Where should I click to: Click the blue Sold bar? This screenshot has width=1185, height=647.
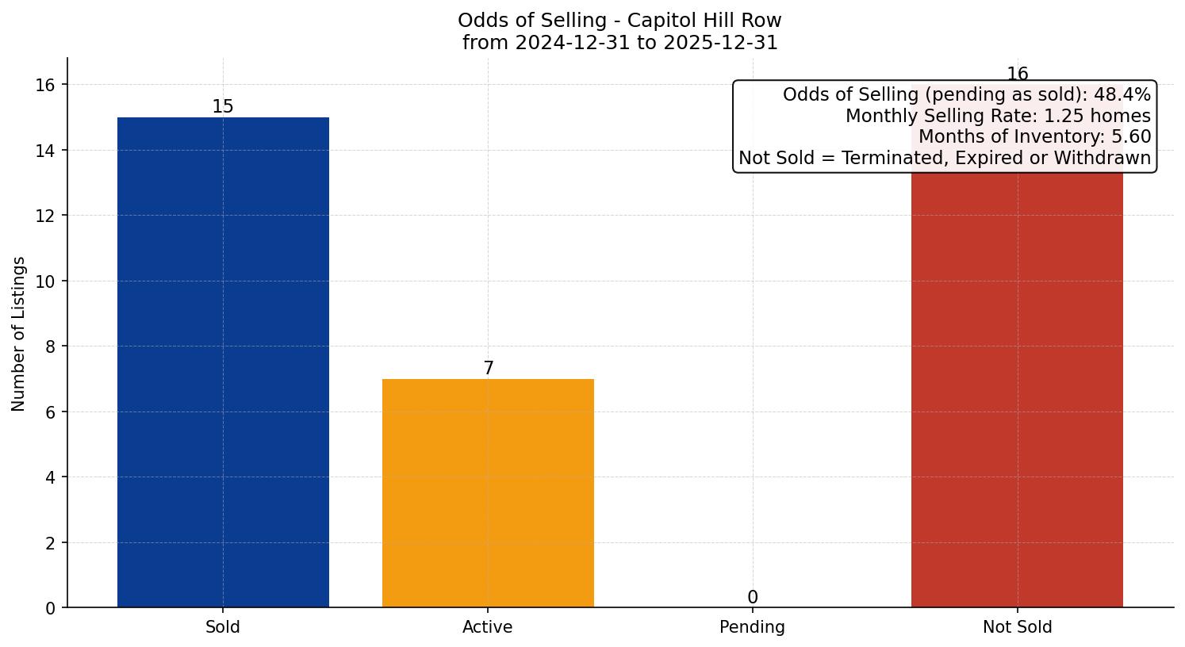(x=223, y=362)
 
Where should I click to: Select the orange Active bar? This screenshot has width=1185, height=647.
(x=488, y=493)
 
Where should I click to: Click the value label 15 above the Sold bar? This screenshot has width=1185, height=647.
(x=223, y=106)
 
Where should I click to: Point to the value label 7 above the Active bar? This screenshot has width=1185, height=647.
(x=488, y=368)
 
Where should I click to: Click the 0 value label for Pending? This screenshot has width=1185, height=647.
(x=752, y=597)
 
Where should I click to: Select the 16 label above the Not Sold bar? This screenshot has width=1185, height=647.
(x=1017, y=75)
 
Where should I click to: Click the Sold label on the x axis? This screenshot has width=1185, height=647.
(x=223, y=627)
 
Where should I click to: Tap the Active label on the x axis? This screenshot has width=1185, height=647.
(x=488, y=627)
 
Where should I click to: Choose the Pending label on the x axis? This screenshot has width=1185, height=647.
(x=752, y=627)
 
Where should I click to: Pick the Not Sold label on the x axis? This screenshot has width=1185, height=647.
(x=1017, y=627)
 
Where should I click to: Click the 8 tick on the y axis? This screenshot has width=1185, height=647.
(x=50, y=346)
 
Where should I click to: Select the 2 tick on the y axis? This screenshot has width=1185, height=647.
(x=50, y=543)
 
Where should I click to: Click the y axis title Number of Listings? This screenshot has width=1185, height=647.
(x=19, y=333)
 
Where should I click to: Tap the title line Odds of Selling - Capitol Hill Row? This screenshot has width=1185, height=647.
(x=619, y=20)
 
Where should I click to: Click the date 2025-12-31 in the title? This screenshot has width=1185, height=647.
(x=722, y=42)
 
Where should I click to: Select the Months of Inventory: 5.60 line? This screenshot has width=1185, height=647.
(x=1034, y=136)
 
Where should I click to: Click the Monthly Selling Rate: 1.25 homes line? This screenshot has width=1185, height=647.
(x=998, y=116)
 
